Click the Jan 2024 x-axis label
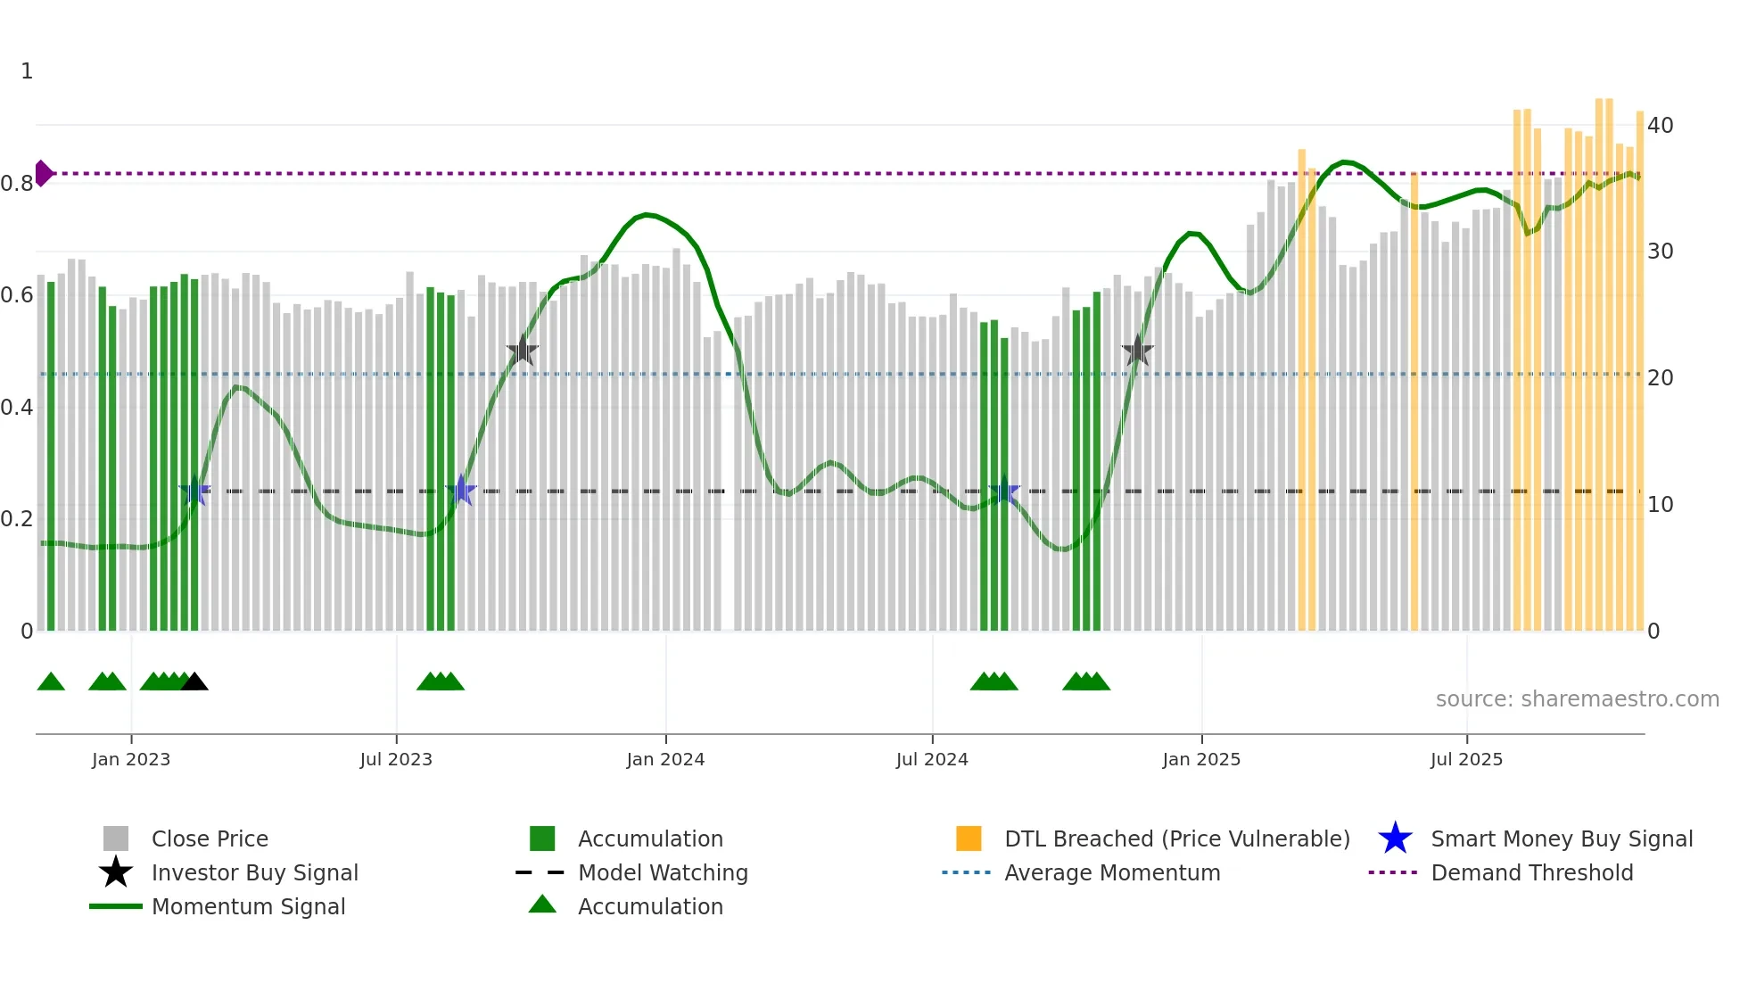pos(665,760)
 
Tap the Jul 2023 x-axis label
pos(396,760)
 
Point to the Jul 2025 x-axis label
pos(1466,760)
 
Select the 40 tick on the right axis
pos(1660,126)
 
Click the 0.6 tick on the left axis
pos(17,295)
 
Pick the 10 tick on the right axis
pos(1660,505)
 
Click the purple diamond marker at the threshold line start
pos(43,173)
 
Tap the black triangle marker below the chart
pos(194,682)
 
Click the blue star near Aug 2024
pos(1004,491)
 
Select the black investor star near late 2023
pos(523,351)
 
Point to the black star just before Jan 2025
pos(1137,351)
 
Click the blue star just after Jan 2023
pos(194,491)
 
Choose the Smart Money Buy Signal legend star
pos(1395,838)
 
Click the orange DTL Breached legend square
pos(969,838)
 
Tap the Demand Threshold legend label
pos(1531,872)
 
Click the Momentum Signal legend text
pos(248,906)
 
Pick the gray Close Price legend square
pos(116,838)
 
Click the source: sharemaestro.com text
pos(1577,699)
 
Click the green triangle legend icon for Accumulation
pos(542,905)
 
